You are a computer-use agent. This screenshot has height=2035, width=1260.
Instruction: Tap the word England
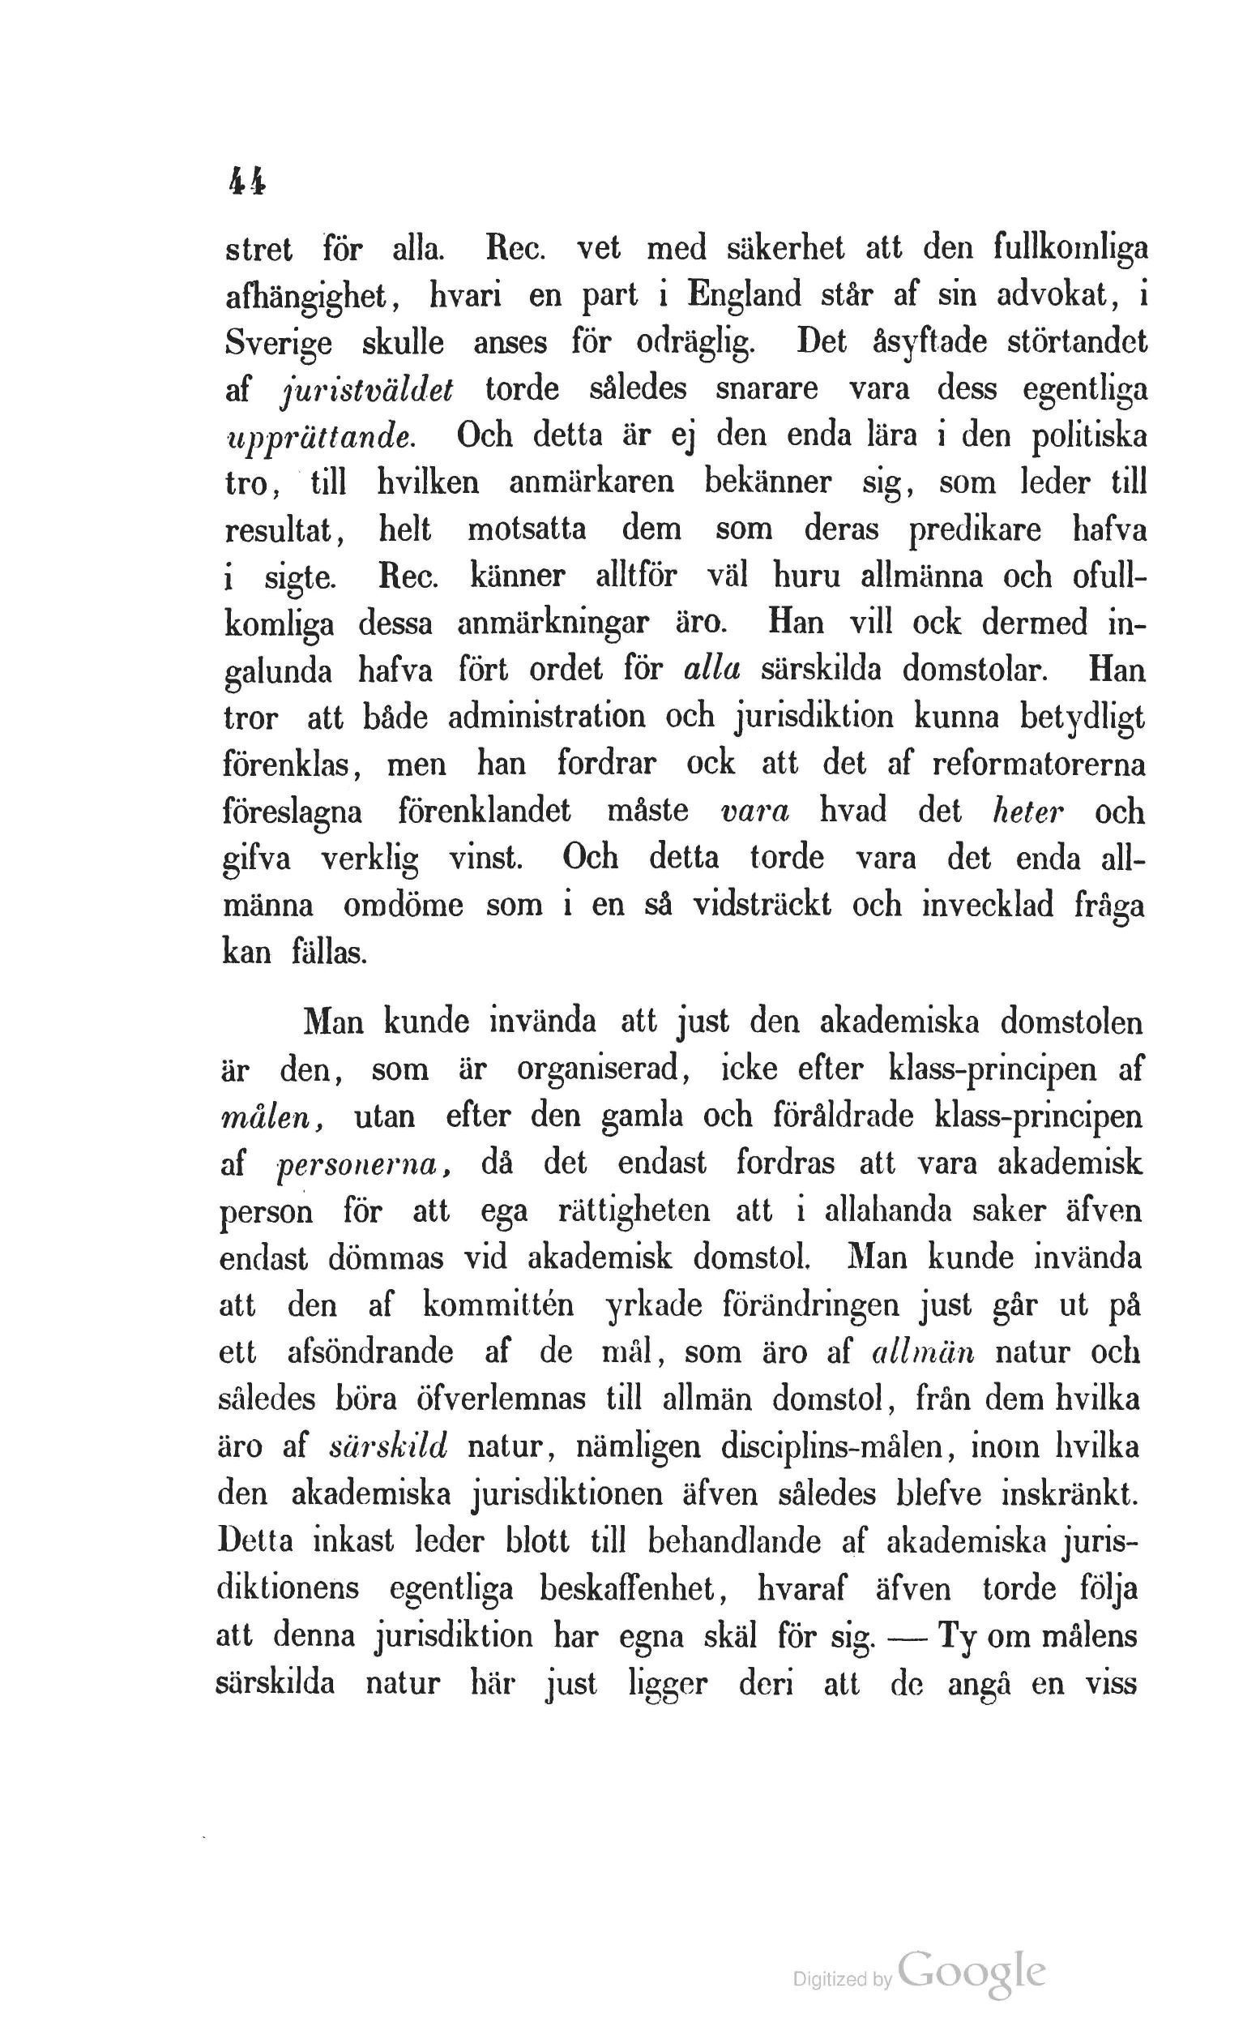741,295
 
